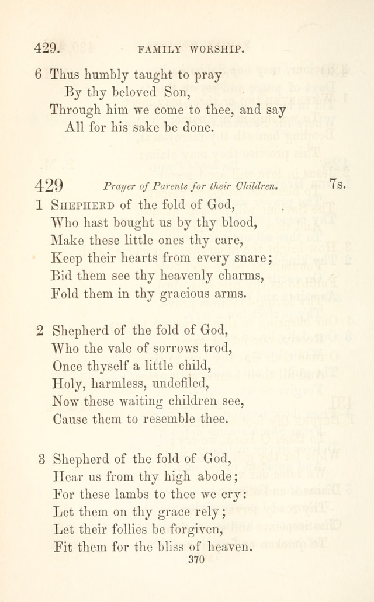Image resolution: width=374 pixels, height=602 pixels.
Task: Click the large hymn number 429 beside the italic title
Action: coord(49,186)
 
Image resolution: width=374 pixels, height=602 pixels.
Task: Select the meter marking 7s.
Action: coord(338,185)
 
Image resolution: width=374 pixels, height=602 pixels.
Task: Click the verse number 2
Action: coord(40,330)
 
